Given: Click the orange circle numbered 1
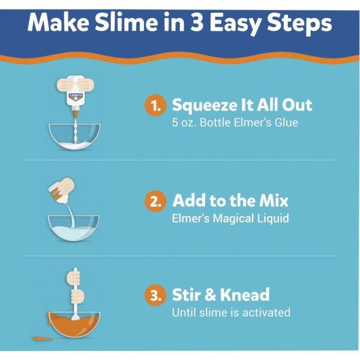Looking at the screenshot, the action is (x=155, y=106).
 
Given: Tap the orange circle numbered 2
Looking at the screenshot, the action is (x=155, y=201).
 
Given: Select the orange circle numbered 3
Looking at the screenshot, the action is (x=155, y=295).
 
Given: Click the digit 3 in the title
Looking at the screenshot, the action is (x=197, y=23).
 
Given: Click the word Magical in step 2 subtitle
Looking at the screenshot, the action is (x=233, y=218).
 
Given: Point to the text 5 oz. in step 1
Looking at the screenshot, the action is (x=184, y=122).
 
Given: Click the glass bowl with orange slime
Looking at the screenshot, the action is (x=74, y=325).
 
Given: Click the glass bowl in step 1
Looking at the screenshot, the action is (x=74, y=136).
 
